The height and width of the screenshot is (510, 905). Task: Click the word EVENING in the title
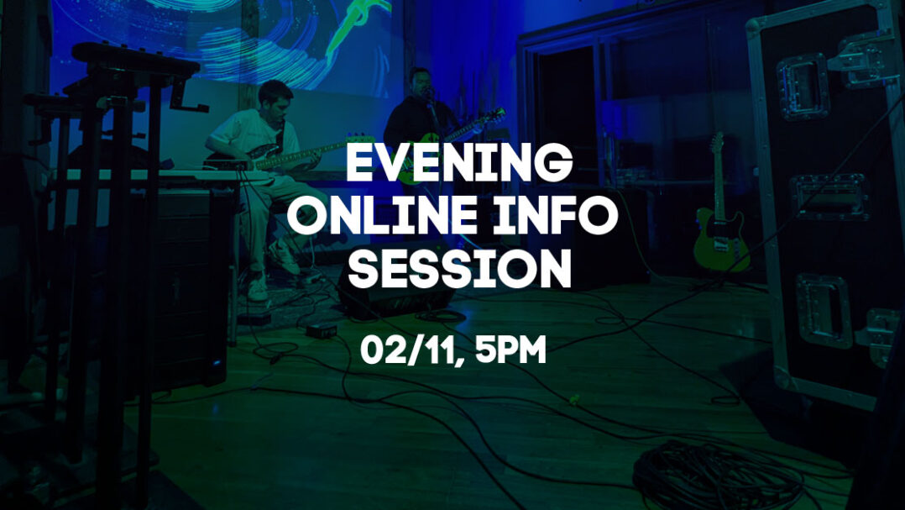[x=459, y=163]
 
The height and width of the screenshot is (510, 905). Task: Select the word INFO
[x=555, y=215]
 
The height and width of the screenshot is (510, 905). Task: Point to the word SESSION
[x=459, y=268]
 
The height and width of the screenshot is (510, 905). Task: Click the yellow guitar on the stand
[x=720, y=213]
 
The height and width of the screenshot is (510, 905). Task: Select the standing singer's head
[x=420, y=83]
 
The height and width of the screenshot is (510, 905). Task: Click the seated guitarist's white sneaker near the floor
[x=258, y=287]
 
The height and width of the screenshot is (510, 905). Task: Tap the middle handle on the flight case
[x=829, y=197]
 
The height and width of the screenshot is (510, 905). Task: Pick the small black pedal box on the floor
[x=321, y=330]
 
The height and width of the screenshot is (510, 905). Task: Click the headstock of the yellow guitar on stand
[x=718, y=143]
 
